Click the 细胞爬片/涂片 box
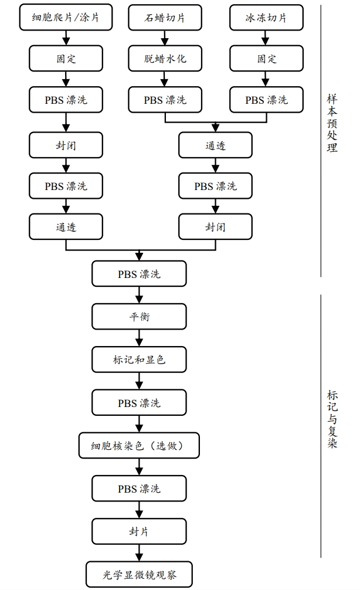[x=66, y=18]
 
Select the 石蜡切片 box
[x=165, y=18]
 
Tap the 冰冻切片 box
[x=266, y=18]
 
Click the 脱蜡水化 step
[x=165, y=59]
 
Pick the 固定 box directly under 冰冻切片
[x=266, y=59]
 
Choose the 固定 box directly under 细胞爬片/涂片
[x=66, y=59]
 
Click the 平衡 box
[x=139, y=317]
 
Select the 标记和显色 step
[x=139, y=360]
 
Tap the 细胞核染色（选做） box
[x=139, y=446]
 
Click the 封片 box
[x=139, y=531]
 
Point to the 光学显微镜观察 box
[x=139, y=575]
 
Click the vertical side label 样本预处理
[x=332, y=123]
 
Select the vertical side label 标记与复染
[x=332, y=419]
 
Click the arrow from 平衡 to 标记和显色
[x=139, y=338]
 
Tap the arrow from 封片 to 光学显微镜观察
[x=139, y=552]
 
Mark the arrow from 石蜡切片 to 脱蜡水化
[x=165, y=38]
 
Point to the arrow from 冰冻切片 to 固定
[x=266, y=38]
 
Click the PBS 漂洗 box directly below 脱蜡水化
[x=165, y=100]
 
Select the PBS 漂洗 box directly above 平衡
[x=139, y=274]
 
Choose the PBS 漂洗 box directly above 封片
[x=139, y=489]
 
